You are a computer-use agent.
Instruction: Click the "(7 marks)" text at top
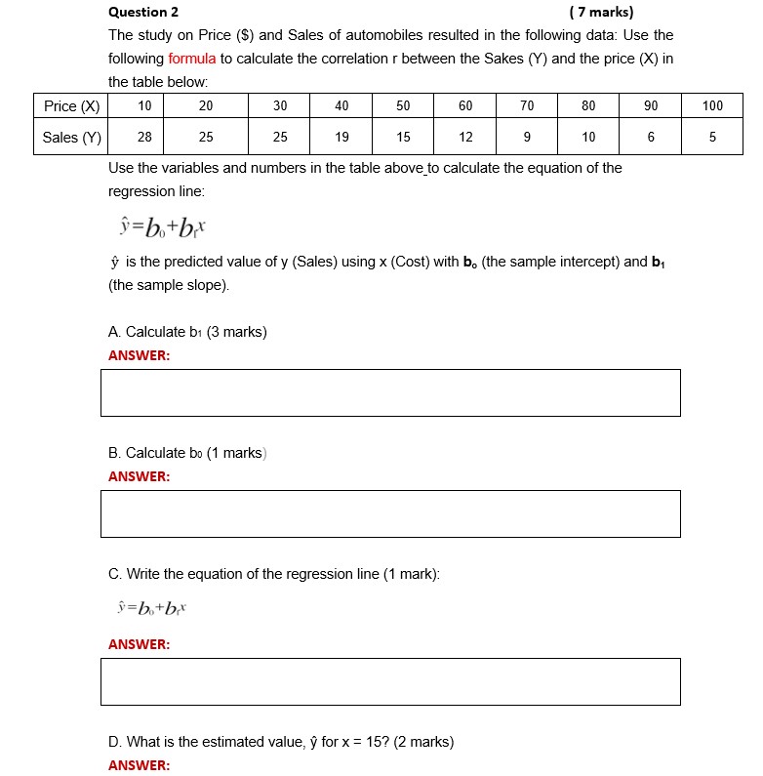600,13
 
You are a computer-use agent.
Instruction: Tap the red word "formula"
191,59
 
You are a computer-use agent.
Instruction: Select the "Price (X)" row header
71,105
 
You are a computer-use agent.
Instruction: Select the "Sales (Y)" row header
71,138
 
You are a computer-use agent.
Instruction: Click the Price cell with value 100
712,105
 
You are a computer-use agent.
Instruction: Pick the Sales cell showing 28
144,138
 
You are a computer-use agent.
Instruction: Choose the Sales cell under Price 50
404,138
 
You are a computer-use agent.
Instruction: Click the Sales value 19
341,138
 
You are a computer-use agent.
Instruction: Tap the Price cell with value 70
527,105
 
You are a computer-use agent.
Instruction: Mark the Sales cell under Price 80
588,138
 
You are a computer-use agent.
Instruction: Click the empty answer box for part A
390,392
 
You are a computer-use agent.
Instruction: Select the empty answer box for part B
390,513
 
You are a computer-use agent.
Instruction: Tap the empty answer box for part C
390,681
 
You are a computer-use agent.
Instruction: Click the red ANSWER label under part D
139,765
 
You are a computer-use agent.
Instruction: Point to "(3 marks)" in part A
236,332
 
